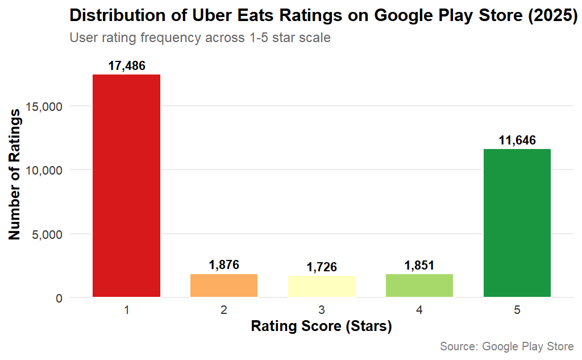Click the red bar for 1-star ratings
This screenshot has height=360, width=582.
coord(127,185)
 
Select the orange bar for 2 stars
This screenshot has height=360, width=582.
coord(224,285)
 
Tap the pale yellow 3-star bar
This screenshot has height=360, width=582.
coord(322,286)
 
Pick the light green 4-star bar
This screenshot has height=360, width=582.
coord(419,285)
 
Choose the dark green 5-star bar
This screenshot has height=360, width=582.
coord(517,223)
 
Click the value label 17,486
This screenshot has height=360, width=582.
coord(127,66)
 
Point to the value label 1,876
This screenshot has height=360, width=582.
coord(224,265)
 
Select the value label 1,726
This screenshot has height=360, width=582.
coord(322,267)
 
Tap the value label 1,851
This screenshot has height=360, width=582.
coord(419,265)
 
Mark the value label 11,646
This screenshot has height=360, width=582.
coord(517,140)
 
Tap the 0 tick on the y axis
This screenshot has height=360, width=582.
coord(59,298)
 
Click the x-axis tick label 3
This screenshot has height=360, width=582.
coord(322,311)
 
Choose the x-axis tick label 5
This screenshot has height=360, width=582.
coord(517,311)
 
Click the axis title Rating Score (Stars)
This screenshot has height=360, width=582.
coord(322,327)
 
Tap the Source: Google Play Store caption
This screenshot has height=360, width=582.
coord(506,346)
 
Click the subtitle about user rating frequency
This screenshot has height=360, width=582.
coord(200,38)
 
